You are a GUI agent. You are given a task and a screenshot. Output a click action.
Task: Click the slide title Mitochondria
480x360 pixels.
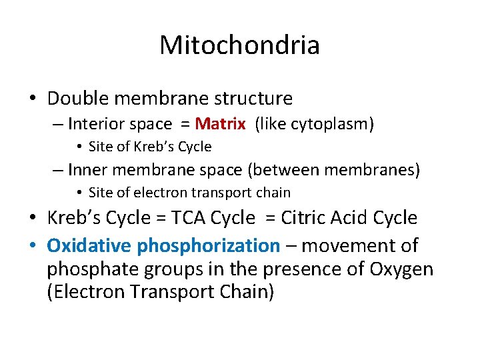click(239, 45)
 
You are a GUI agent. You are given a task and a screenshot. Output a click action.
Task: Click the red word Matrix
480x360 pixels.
click(222, 124)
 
